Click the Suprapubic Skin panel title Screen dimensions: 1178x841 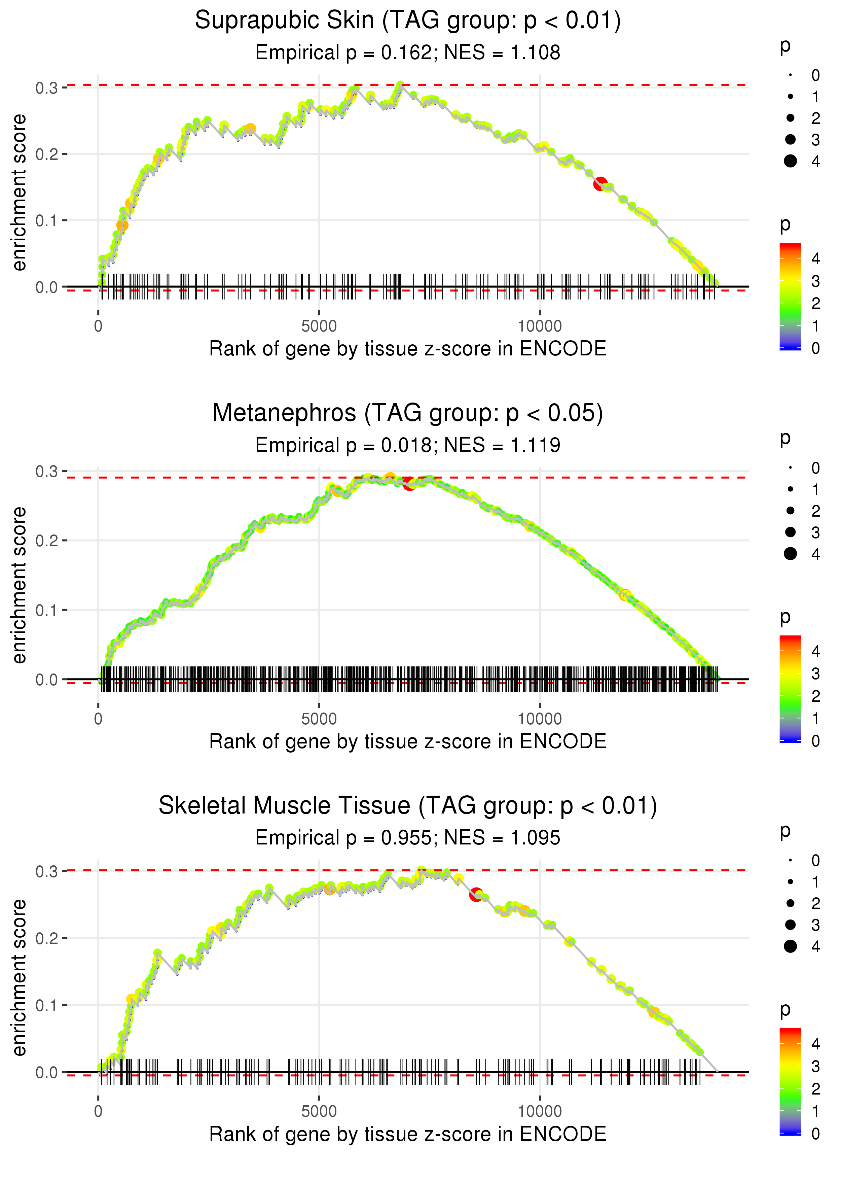point(408,21)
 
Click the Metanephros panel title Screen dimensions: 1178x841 point(408,413)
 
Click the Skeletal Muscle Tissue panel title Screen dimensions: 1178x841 point(408,806)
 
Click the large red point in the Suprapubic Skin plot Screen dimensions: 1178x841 point(600,183)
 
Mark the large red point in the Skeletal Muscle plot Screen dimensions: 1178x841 point(476,894)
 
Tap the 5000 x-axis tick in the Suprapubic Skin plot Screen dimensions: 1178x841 point(319,326)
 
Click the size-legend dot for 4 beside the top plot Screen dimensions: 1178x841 point(790,161)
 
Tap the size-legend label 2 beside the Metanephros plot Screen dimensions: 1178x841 point(816,511)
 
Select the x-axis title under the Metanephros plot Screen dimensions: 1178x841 point(408,742)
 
